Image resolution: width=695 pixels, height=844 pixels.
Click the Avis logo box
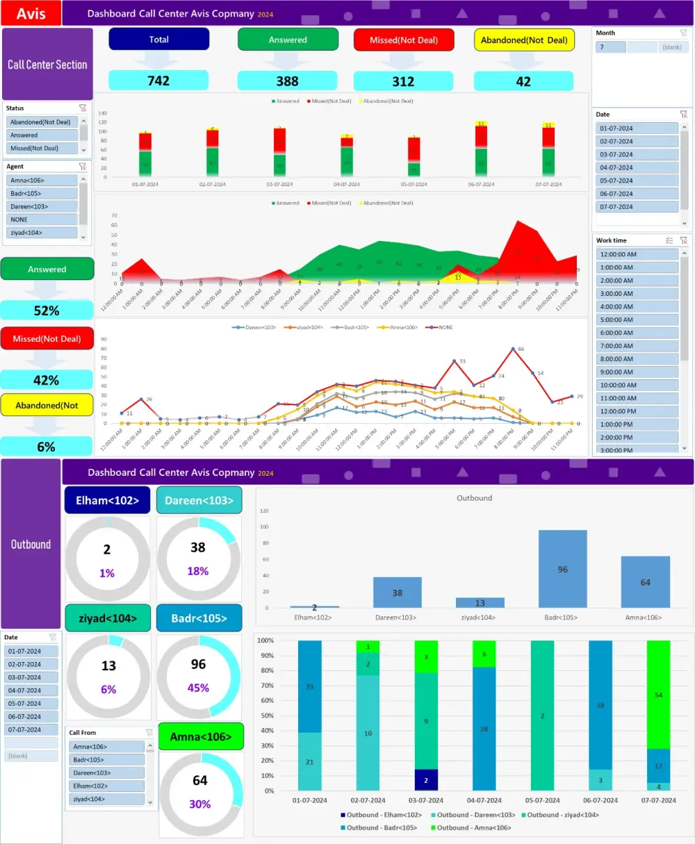(31, 13)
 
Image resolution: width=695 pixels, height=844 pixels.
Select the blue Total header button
(158, 40)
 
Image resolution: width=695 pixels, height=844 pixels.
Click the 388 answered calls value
(287, 81)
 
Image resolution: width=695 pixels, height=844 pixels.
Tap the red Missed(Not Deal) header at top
(403, 40)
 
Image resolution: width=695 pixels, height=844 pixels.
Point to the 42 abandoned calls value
(523, 81)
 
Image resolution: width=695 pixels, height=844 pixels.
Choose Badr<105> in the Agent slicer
(43, 193)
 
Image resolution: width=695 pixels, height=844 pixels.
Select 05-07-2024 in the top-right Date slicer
(637, 181)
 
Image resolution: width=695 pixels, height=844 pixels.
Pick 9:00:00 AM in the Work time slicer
(637, 372)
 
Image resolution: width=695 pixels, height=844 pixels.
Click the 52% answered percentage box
(47, 311)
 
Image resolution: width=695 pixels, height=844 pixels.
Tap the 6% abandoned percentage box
(47, 447)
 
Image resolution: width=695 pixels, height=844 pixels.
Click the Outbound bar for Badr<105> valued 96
(562, 569)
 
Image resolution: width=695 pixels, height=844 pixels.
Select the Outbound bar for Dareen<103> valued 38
(397, 593)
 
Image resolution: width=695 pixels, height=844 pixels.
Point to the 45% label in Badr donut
(198, 688)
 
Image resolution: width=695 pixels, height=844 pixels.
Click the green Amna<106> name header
(201, 737)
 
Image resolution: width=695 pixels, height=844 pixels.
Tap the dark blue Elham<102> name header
(107, 500)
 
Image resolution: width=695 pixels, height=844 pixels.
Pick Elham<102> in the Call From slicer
(108, 786)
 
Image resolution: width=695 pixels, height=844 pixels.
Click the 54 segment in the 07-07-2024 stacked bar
(658, 695)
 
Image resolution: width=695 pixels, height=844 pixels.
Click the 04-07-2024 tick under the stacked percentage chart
(484, 800)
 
